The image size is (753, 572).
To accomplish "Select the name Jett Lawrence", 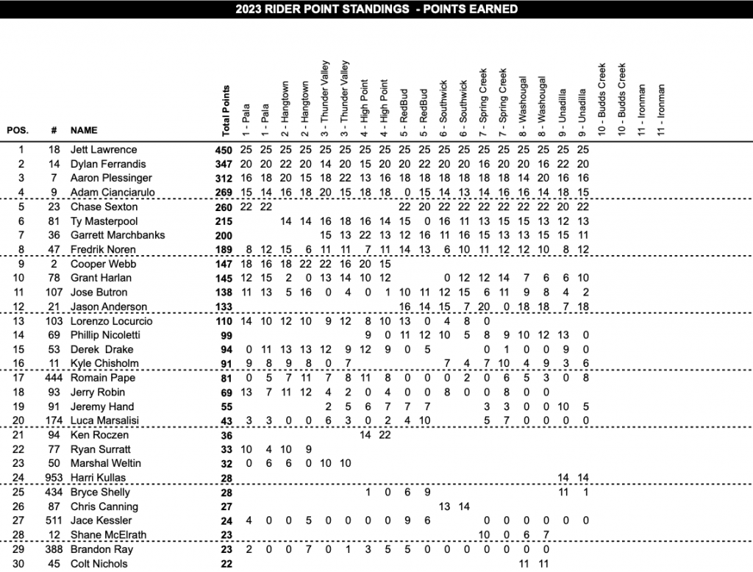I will (104, 150).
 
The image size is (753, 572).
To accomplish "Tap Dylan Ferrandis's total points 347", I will (223, 164).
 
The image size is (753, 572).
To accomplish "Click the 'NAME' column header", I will (84, 130).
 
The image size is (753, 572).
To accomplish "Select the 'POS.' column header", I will (18, 130).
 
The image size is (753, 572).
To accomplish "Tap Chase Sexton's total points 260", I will (223, 207).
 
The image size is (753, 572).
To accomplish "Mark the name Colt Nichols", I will (100, 564).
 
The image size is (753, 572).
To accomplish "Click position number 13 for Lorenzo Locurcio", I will (21, 321).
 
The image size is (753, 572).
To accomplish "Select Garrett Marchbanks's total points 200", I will (223, 235).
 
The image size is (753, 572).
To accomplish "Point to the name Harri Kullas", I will (98, 478).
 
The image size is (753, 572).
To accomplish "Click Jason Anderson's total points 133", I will (223, 307).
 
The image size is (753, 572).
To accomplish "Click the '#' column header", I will (54, 130).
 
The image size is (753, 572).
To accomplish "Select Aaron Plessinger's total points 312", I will (223, 178).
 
